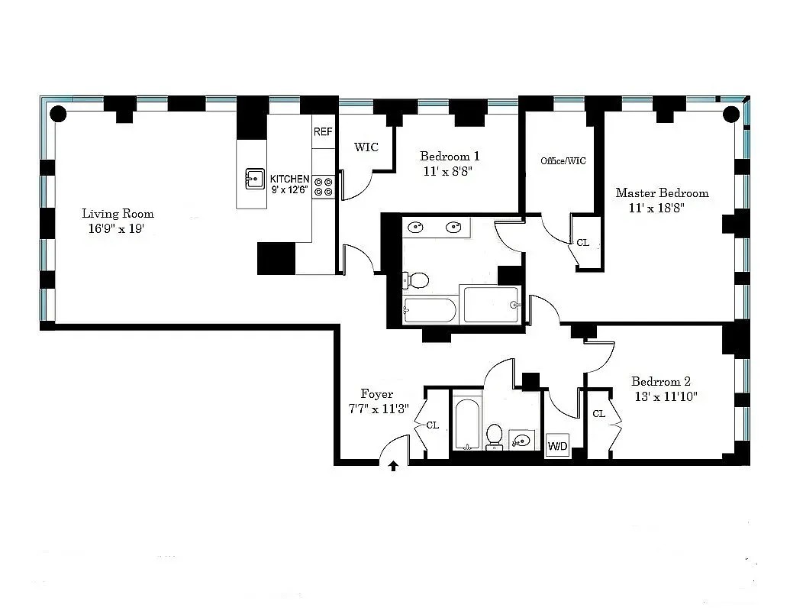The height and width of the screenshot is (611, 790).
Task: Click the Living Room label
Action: (x=118, y=214)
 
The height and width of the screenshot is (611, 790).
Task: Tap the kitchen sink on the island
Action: (x=255, y=179)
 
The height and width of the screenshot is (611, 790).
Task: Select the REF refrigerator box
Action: (x=323, y=131)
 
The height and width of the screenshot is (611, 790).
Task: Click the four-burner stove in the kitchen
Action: (x=324, y=186)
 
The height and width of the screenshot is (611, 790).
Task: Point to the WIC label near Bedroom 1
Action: (x=366, y=147)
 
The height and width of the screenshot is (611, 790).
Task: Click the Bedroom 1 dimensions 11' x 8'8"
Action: (x=448, y=171)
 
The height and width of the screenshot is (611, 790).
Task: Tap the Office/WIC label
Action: (x=563, y=161)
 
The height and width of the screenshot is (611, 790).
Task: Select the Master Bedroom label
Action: (x=662, y=193)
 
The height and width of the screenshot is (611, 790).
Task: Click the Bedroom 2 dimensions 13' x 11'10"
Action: (x=666, y=396)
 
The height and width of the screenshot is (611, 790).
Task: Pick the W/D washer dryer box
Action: (x=557, y=445)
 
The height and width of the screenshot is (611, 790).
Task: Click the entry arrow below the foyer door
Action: (x=394, y=466)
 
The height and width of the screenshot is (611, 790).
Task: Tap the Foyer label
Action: (x=377, y=394)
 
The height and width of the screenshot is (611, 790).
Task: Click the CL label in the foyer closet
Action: (x=433, y=425)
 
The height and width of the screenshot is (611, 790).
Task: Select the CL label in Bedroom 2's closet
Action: (x=599, y=414)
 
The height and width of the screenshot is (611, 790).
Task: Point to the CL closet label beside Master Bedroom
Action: (x=583, y=242)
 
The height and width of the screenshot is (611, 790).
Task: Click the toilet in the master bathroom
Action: (x=416, y=280)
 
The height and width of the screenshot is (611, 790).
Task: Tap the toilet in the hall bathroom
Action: (x=495, y=437)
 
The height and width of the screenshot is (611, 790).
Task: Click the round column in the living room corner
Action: (x=59, y=114)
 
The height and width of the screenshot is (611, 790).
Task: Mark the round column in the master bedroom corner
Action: (x=731, y=115)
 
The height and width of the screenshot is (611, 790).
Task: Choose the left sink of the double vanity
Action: (x=416, y=228)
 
